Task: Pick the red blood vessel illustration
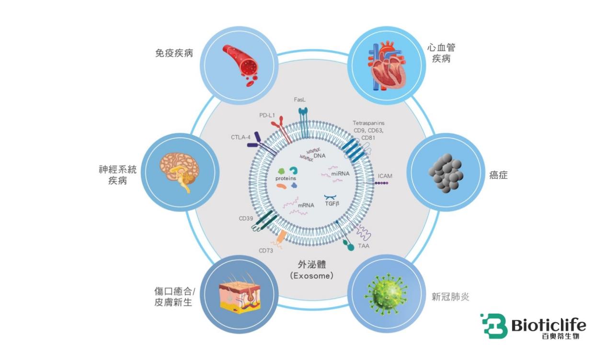240,64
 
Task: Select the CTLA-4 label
241,137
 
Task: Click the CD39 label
246,218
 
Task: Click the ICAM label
385,176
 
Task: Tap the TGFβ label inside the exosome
332,203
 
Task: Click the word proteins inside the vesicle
286,178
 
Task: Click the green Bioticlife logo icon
493,326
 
